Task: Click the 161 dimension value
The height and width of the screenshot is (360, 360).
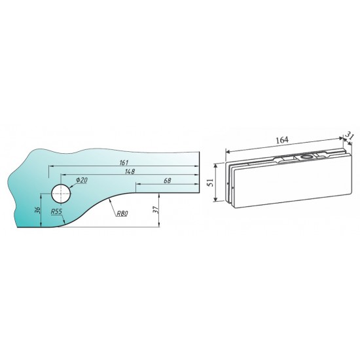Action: pyautogui.click(x=124, y=162)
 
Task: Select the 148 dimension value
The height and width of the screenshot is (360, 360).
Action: pyautogui.click(x=130, y=171)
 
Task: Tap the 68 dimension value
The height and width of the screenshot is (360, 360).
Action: pyautogui.click(x=168, y=181)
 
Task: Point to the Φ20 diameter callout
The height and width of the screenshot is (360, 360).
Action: pyautogui.click(x=82, y=180)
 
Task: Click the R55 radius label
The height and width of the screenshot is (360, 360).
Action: pyautogui.click(x=56, y=211)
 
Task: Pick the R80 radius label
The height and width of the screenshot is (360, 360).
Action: pyautogui.click(x=122, y=213)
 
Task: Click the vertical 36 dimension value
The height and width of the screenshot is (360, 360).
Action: pyautogui.click(x=38, y=210)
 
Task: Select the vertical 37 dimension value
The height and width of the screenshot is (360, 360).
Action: pyautogui.click(x=156, y=209)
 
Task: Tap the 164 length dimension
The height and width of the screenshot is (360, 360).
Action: pyautogui.click(x=282, y=140)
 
